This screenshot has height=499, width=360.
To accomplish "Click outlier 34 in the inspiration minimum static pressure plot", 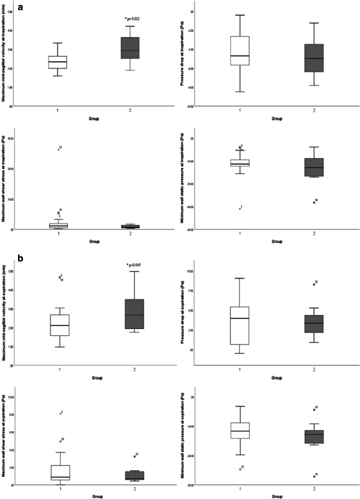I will pos(314,202).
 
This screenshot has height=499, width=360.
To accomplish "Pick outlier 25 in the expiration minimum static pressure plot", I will pos(240,469).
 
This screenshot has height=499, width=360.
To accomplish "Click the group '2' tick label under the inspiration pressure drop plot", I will pos(314,110).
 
